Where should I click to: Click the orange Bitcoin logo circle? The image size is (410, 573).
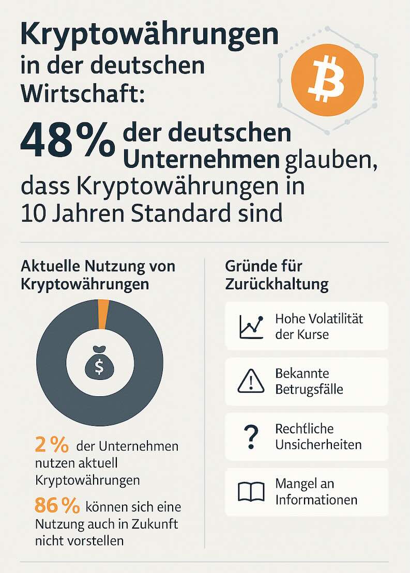click(327, 79)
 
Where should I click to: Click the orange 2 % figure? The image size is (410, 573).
click(51, 445)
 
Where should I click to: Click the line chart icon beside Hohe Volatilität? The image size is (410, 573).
click(251, 326)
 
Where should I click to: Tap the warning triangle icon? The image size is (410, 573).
click(251, 381)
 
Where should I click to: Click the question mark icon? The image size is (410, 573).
click(251, 437)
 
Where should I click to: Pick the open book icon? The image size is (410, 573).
click(251, 492)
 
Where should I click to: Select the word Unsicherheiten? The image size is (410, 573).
click(318, 444)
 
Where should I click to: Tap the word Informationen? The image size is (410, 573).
click(316, 500)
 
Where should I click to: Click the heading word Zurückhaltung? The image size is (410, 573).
click(277, 284)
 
